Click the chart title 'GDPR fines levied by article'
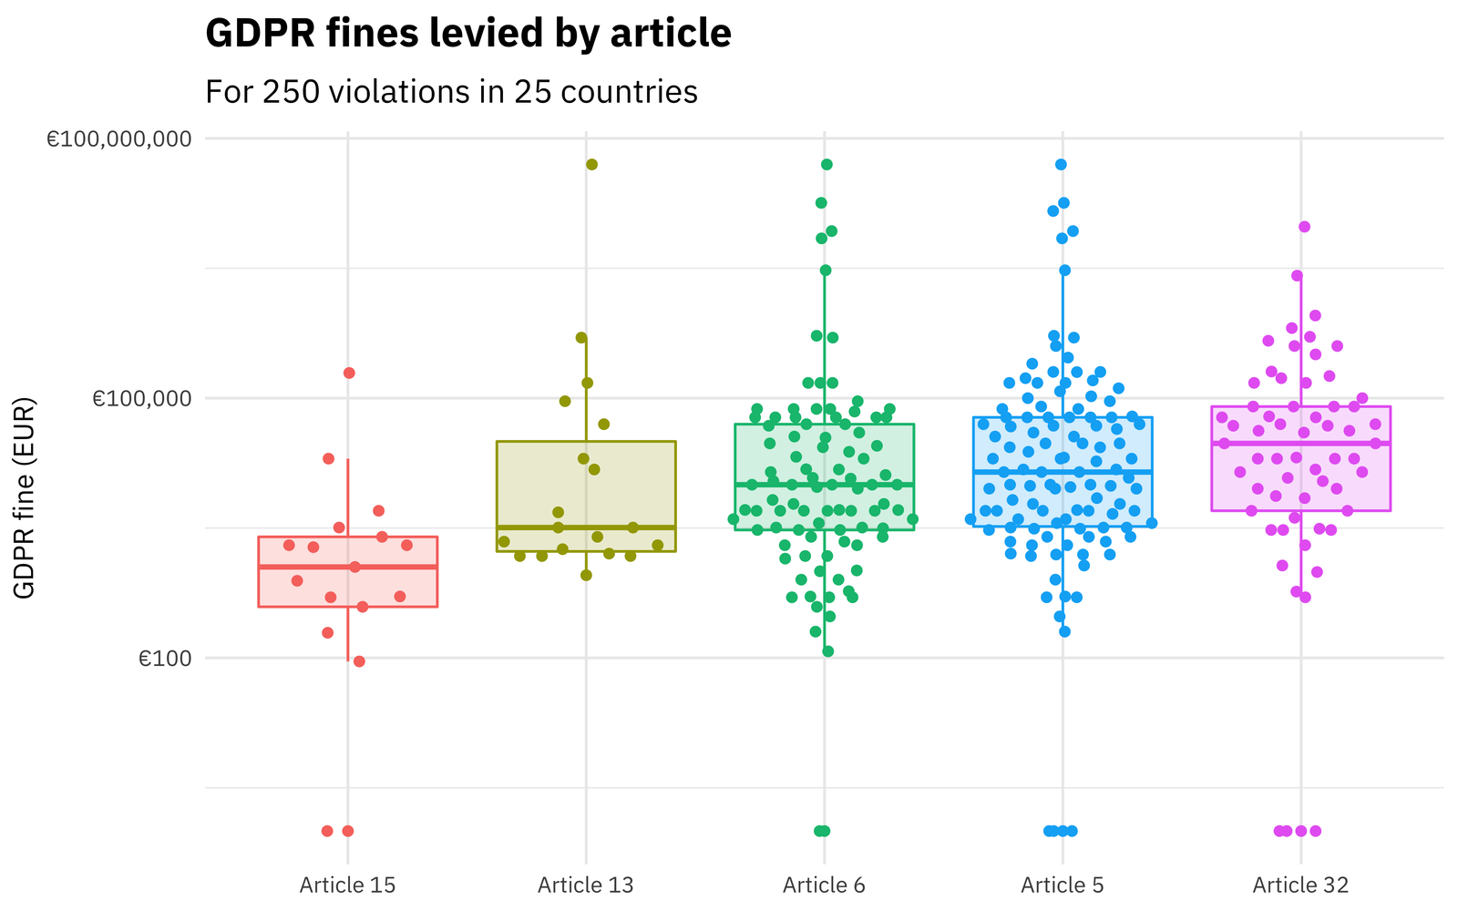pos(467,35)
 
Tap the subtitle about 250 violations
pos(451,92)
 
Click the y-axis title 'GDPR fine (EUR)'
pos(26,497)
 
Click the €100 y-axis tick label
pos(164,659)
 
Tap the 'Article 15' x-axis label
pos(347,885)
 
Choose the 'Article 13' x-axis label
pos(585,885)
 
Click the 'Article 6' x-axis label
pos(824,885)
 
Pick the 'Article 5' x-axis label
pos(1062,885)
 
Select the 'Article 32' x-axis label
pos(1300,885)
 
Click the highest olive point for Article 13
pos(591,165)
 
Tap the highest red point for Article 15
pos(349,374)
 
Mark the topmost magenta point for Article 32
pos(1304,227)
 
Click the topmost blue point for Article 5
pos(1061,165)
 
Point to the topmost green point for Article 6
pos(827,165)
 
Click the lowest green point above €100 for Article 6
pos(827,651)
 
